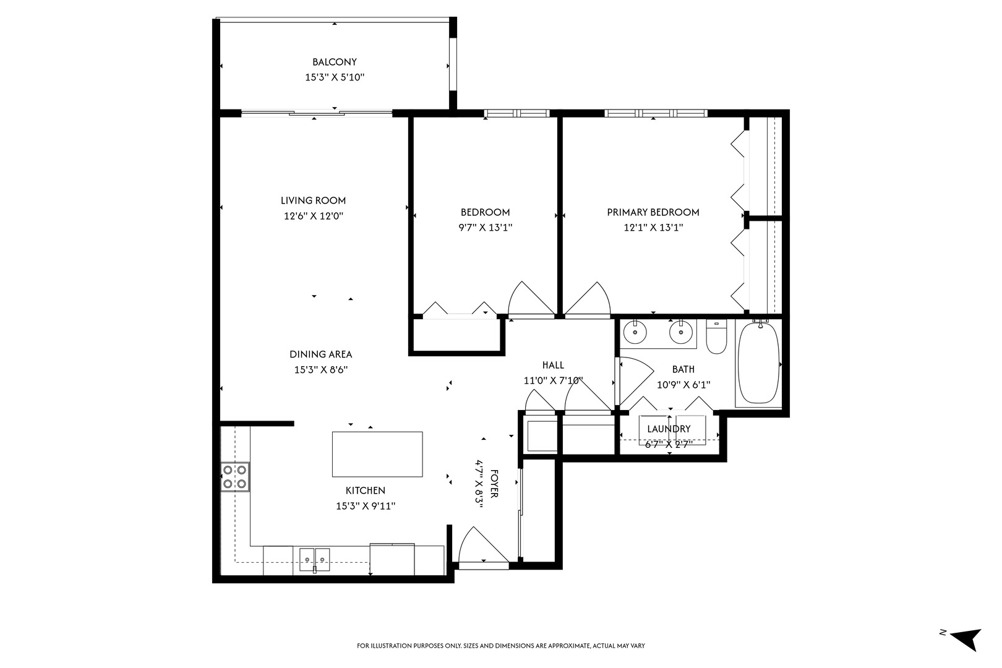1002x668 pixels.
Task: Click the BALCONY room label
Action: click(334, 62)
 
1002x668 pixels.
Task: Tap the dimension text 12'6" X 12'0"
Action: click(313, 216)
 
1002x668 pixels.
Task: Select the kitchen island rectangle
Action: click(377, 454)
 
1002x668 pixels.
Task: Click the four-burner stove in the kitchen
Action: click(236, 477)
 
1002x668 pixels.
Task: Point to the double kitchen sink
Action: click(315, 559)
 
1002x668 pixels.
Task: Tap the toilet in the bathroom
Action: click(716, 338)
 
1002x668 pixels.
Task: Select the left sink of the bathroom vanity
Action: click(634, 333)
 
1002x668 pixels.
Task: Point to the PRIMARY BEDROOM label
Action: click(653, 212)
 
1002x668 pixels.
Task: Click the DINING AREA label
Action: click(320, 354)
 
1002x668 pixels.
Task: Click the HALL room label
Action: click(552, 365)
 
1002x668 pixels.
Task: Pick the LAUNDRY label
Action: click(669, 429)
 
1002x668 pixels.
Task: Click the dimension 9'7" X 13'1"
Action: click(485, 227)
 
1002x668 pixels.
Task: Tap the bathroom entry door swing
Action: click(635, 377)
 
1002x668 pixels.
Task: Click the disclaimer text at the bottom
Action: click(500, 646)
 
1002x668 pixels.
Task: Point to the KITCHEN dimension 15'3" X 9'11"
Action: click(365, 506)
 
